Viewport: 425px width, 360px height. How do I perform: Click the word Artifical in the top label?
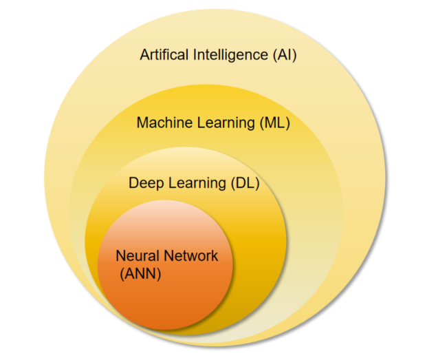(164, 54)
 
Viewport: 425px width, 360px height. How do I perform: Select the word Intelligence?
(230, 56)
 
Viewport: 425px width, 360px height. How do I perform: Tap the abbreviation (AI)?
(285, 55)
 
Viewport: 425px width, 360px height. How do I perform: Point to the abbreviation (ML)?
(275, 123)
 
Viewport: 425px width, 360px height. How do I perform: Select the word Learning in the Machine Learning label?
(226, 124)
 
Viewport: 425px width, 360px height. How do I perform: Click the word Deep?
(146, 184)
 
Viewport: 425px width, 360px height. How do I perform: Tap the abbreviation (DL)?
(245, 184)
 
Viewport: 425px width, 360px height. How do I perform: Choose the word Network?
(190, 256)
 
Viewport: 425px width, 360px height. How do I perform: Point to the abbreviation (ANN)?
(140, 274)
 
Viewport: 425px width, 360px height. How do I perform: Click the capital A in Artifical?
(144, 54)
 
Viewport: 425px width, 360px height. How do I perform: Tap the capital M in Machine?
(142, 123)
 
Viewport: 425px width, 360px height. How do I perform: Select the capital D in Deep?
(134, 183)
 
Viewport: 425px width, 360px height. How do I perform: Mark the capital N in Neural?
(121, 256)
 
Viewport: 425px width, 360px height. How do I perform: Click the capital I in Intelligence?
(195, 54)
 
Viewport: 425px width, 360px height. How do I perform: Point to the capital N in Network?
(168, 256)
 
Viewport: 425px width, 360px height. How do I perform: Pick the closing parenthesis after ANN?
(159, 274)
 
